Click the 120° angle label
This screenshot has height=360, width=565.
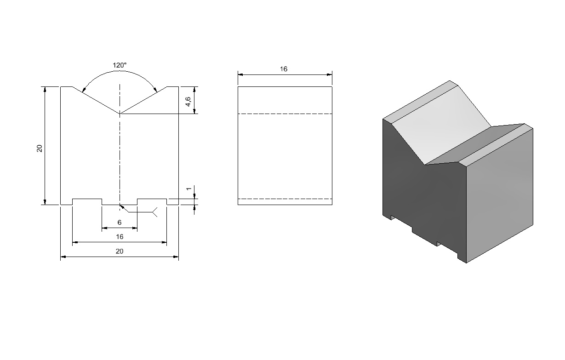point(120,65)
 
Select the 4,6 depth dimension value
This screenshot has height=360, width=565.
point(188,102)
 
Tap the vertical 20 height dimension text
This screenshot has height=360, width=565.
point(40,149)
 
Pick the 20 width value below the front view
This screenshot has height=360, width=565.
point(120,251)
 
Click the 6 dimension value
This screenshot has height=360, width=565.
point(120,223)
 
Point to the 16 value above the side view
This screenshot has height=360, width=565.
point(284,69)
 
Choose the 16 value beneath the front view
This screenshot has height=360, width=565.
point(120,237)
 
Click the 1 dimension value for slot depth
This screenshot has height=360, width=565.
point(188,189)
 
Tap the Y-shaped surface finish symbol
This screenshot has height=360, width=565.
point(154,212)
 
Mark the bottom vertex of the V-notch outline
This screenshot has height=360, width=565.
point(120,114)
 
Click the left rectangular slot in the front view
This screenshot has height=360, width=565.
point(87,201)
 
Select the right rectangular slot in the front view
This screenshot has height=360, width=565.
point(152,201)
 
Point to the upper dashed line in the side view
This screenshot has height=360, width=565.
point(285,114)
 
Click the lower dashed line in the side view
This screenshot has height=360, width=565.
point(285,199)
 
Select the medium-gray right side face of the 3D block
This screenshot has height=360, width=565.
point(499,197)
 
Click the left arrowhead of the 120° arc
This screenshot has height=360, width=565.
point(84,90)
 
